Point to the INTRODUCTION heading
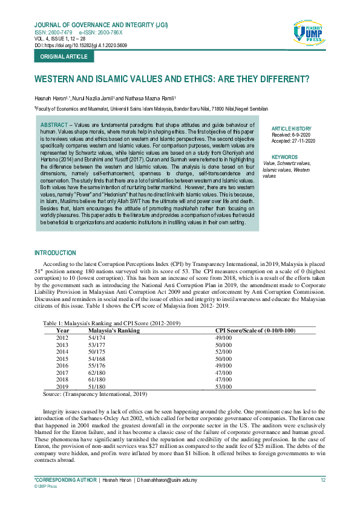[x=56, y=253]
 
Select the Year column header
[x=63, y=331]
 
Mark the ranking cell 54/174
[x=97, y=337]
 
